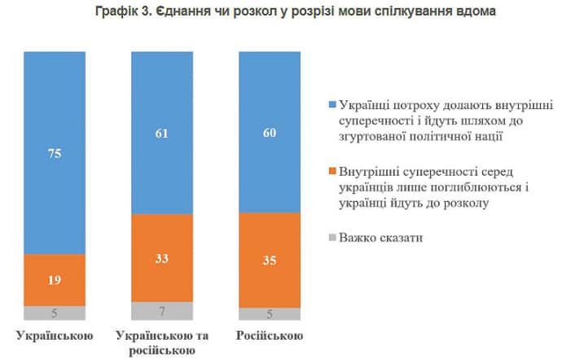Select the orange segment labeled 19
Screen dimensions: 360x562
[55, 279]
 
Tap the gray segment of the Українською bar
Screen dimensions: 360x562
[55, 313]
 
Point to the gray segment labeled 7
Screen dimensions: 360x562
[162, 310]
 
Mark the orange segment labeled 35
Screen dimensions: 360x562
[270, 261]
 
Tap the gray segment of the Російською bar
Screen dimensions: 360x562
[270, 314]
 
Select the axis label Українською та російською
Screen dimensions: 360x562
[162, 343]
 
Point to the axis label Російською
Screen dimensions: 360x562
[270, 336]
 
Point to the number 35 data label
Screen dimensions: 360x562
[270, 261]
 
